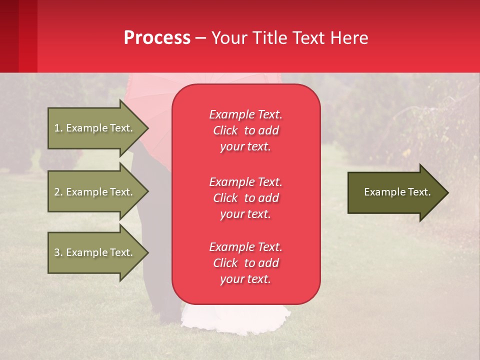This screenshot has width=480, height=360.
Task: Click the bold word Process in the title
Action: click(x=157, y=38)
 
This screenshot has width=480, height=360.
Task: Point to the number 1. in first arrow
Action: click(x=58, y=128)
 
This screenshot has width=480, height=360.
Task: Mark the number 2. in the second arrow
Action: click(x=58, y=192)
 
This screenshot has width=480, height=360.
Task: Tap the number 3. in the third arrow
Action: click(x=58, y=252)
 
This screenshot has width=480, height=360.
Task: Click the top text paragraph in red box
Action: click(x=245, y=130)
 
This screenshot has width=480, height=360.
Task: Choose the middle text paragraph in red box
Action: click(x=245, y=198)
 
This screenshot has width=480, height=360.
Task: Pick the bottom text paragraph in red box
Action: click(x=245, y=263)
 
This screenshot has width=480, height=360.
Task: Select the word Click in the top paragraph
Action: click(x=225, y=130)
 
